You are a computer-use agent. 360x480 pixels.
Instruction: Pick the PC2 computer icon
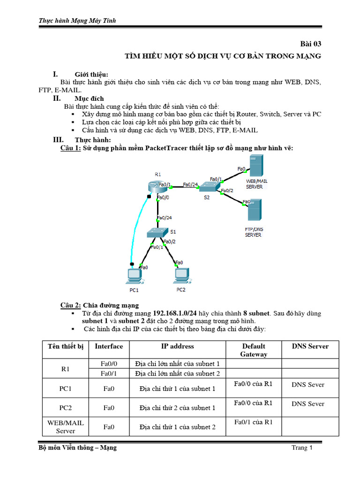tap(181, 276)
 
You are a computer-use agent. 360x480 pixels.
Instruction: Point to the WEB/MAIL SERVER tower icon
tap(255, 166)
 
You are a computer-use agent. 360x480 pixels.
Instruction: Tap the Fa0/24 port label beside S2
tap(190, 184)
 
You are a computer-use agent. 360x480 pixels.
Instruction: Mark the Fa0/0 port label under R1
tap(164, 198)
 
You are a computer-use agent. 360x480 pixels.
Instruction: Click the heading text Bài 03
tap(310, 44)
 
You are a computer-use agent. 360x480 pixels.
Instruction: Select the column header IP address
tap(177, 346)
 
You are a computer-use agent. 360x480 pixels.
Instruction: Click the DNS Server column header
tap(310, 346)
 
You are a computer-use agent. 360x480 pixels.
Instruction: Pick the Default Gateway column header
tap(254, 350)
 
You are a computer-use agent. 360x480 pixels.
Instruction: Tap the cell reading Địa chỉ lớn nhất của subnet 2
tap(177, 374)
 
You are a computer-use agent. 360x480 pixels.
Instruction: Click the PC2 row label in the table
tap(65, 408)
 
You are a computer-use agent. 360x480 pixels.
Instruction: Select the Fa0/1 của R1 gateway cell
tap(254, 422)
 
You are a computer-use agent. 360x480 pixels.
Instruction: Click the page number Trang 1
tap(302, 448)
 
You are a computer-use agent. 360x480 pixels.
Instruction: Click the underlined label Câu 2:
tap(71, 305)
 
